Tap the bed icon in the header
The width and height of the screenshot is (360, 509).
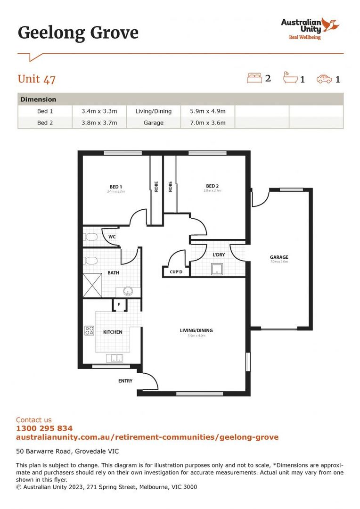[254, 78]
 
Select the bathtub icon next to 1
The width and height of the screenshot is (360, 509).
[290, 78]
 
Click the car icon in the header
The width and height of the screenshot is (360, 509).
[324, 79]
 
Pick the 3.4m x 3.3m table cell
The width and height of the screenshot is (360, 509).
[100, 111]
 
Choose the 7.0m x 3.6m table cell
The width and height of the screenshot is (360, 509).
[207, 123]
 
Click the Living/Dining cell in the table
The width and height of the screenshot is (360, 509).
[154, 111]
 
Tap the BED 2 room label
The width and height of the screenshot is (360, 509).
[212, 186]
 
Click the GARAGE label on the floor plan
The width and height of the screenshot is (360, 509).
[278, 257]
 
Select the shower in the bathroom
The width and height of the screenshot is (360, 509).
[92, 286]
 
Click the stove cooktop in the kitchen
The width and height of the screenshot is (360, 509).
[89, 331]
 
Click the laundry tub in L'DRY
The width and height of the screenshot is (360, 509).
[217, 270]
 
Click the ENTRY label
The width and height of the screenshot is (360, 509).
[125, 381]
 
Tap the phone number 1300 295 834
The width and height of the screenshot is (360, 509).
[44, 428]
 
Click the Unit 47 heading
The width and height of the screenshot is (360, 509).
[37, 79]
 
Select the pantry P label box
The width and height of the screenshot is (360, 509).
[119, 305]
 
